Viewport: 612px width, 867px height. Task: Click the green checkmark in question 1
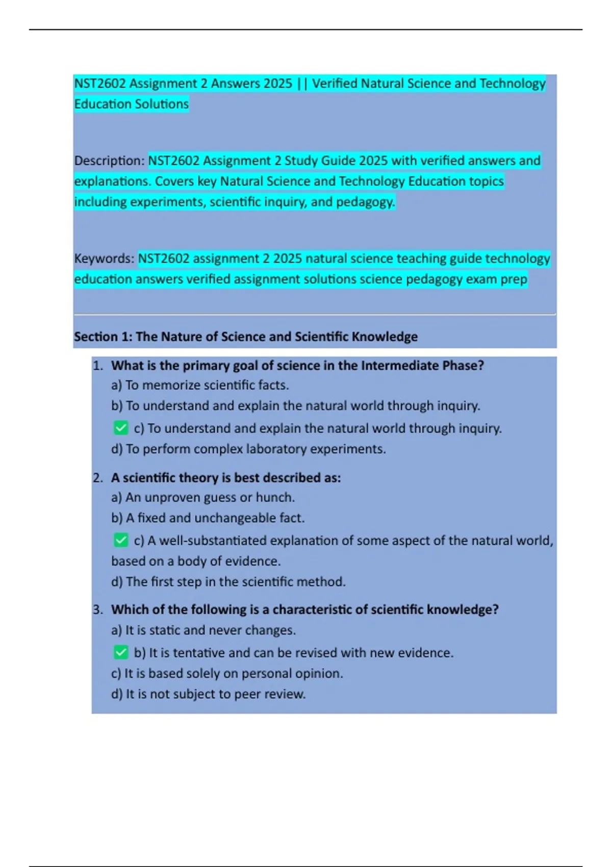click(x=121, y=428)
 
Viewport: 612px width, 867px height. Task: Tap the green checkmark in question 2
click(x=121, y=540)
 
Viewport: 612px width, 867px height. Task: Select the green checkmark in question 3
click(x=121, y=652)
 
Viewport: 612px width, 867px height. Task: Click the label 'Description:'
click(x=110, y=161)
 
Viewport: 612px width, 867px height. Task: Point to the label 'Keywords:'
click(x=105, y=259)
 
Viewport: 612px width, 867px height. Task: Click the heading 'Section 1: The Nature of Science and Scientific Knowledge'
click(x=246, y=337)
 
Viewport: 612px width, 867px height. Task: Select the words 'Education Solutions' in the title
click(x=132, y=104)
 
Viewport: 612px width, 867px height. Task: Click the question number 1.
click(x=97, y=366)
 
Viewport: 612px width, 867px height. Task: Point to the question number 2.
click(x=97, y=478)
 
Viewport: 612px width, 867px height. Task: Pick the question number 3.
click(x=97, y=609)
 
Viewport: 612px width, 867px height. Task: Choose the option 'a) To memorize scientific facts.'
click(x=200, y=385)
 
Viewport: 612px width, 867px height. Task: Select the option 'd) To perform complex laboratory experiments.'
click(x=248, y=449)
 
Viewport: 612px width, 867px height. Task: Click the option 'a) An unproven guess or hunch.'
click(x=203, y=497)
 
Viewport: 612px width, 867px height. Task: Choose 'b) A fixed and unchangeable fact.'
click(x=208, y=518)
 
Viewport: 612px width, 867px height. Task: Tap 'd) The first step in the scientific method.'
click(x=228, y=581)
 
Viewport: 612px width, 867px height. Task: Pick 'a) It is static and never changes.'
click(x=203, y=630)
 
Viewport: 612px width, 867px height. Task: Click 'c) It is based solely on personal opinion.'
click(x=227, y=673)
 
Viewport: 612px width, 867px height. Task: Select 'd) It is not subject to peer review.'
click(x=209, y=694)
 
